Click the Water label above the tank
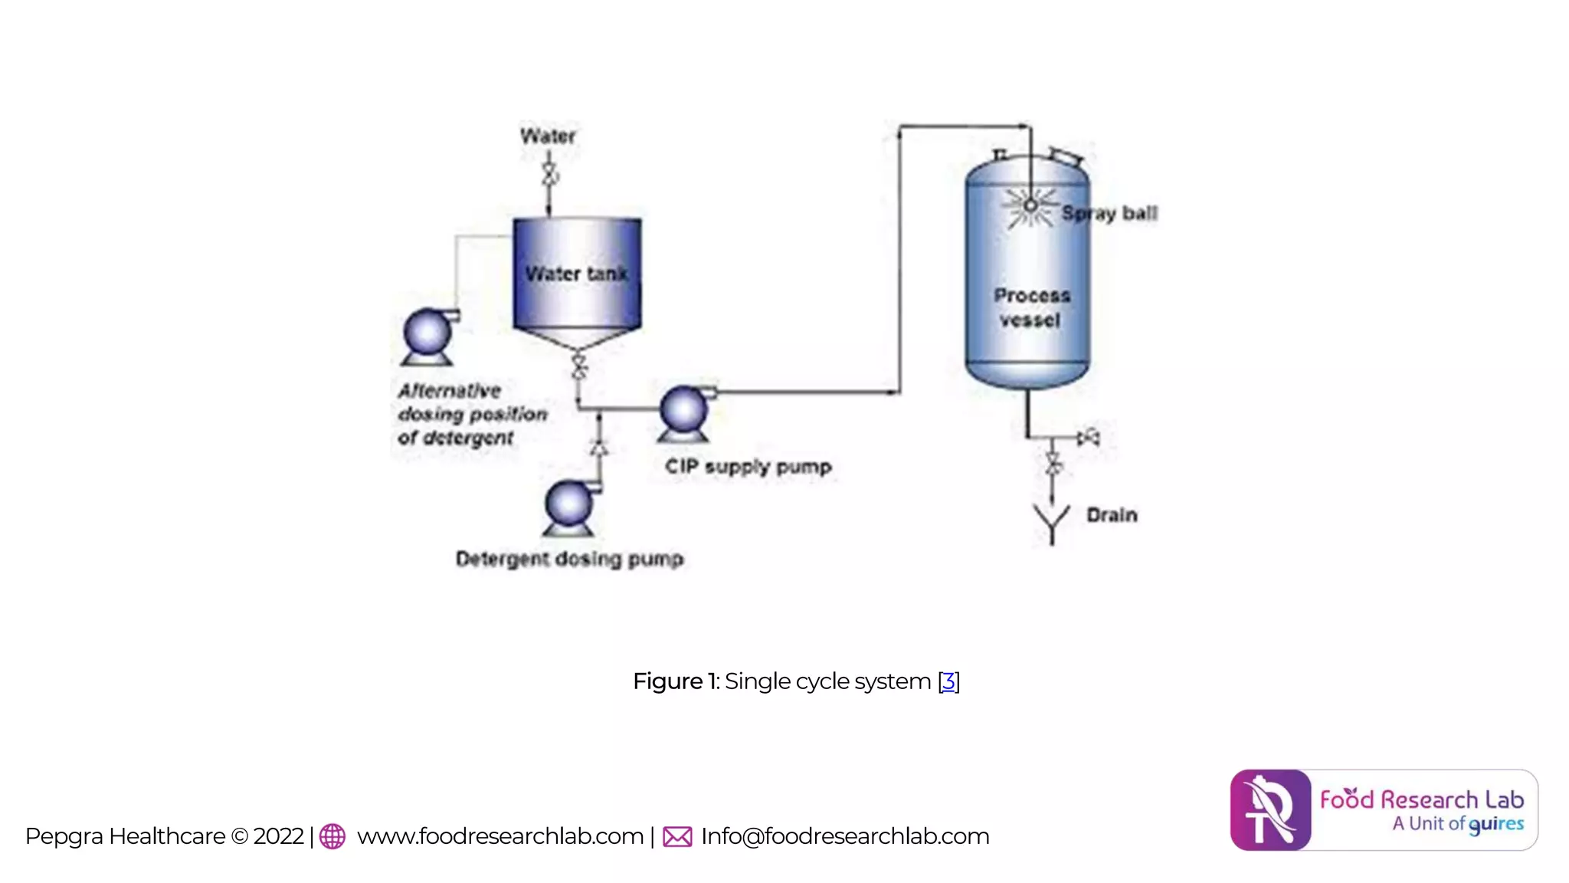[548, 136]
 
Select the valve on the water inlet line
[549, 175]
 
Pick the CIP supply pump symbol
[684, 412]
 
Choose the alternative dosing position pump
[428, 335]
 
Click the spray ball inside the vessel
[1030, 205]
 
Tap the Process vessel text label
[1031, 307]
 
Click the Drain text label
[1112, 515]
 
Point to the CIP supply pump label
[748, 467]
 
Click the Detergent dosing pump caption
[569, 559]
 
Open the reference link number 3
[948, 681]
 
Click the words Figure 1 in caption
[675, 681]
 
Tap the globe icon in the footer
[332, 836]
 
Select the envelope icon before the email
[677, 836]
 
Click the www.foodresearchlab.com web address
[500, 836]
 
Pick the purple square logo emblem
[1270, 810]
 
